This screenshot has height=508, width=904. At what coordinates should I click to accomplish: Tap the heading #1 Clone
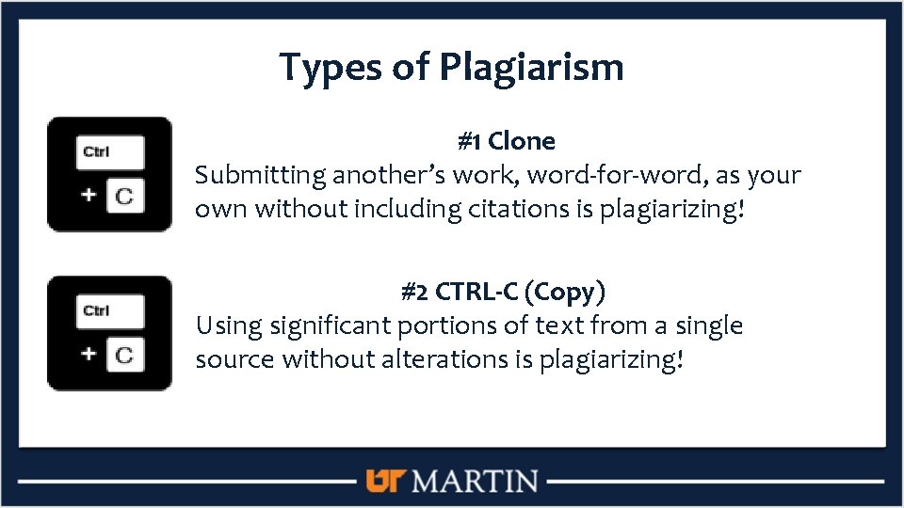(x=506, y=142)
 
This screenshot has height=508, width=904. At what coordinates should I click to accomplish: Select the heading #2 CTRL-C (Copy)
(x=503, y=292)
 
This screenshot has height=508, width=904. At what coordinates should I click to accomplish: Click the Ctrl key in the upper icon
(x=110, y=152)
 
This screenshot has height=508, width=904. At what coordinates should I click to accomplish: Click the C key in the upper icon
(x=124, y=196)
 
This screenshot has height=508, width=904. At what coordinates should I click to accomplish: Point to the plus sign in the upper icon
(x=88, y=195)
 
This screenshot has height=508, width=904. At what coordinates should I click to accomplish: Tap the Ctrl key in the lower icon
(x=110, y=311)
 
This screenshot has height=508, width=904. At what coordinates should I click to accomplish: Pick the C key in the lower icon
(x=124, y=355)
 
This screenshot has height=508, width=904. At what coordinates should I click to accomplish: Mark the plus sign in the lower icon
(x=88, y=354)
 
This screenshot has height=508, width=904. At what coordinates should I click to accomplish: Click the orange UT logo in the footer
(x=384, y=482)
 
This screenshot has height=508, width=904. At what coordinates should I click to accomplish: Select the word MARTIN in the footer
(x=476, y=482)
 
